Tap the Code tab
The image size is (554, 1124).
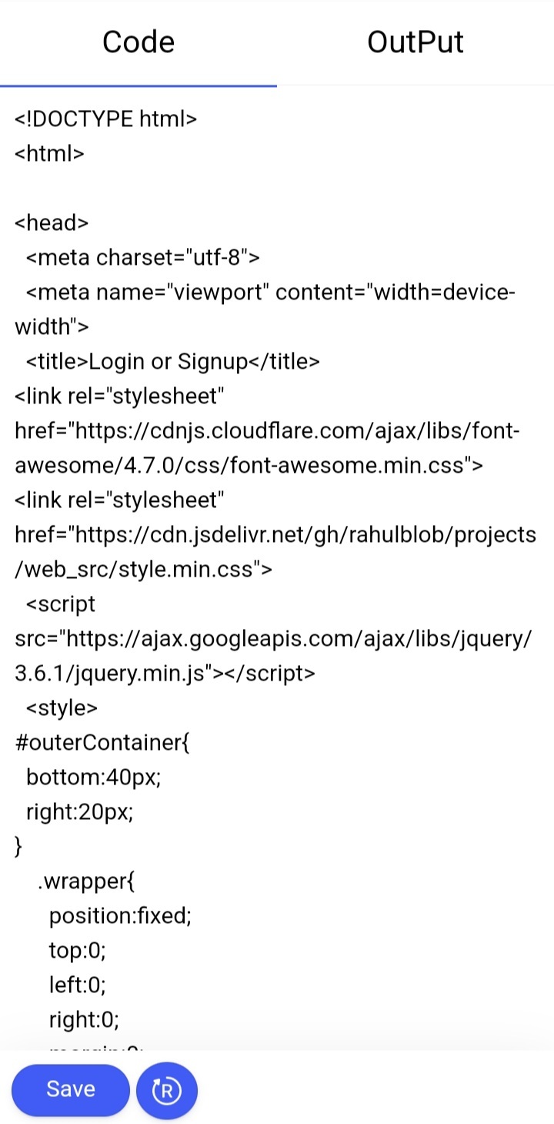click(x=138, y=42)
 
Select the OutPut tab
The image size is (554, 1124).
click(x=415, y=42)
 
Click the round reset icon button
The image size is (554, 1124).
click(x=166, y=1090)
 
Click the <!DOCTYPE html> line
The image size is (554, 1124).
click(x=105, y=119)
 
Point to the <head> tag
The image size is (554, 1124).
click(x=52, y=222)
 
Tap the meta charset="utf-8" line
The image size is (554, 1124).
click(x=143, y=257)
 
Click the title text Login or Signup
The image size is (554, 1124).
click(x=168, y=362)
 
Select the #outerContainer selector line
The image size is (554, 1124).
click(x=102, y=743)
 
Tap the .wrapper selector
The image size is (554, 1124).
click(x=86, y=881)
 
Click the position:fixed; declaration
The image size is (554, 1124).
click(x=120, y=916)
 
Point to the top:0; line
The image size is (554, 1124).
click(x=77, y=950)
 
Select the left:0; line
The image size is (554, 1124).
click(x=77, y=985)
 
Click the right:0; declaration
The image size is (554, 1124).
click(x=84, y=1019)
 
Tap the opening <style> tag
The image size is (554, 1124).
click(x=62, y=708)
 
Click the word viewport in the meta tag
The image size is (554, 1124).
click(x=218, y=293)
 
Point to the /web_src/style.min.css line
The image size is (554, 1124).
click(x=143, y=570)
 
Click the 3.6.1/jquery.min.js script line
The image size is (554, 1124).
click(x=165, y=674)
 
